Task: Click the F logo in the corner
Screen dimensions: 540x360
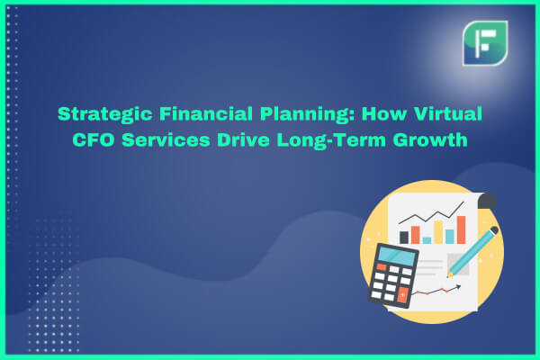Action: point(485,43)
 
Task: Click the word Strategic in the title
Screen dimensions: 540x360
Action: point(104,114)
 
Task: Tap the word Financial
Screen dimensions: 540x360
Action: point(205,113)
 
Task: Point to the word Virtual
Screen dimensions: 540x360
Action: point(447,113)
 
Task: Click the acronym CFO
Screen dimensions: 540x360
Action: point(93,139)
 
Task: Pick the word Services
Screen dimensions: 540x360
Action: point(166,139)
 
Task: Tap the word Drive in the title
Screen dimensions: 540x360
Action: point(243,139)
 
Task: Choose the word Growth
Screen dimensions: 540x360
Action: point(430,139)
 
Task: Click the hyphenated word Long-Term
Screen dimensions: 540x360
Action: point(331,140)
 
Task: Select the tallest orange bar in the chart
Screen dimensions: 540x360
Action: point(461,229)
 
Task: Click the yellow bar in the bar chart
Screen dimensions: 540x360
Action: point(438,232)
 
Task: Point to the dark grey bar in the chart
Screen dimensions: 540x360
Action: point(403,238)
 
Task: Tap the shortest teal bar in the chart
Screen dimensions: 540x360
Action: point(427,240)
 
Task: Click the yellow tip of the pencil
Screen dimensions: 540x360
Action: point(449,274)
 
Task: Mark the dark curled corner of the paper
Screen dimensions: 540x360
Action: point(487,201)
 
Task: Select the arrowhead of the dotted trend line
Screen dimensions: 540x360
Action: point(458,286)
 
